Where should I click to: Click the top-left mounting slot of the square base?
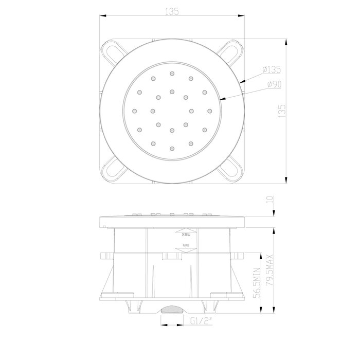(116, 50)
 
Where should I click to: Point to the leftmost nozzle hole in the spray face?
(134, 110)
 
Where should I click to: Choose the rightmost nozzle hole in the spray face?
(209, 110)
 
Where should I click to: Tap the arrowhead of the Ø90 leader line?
(220, 98)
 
